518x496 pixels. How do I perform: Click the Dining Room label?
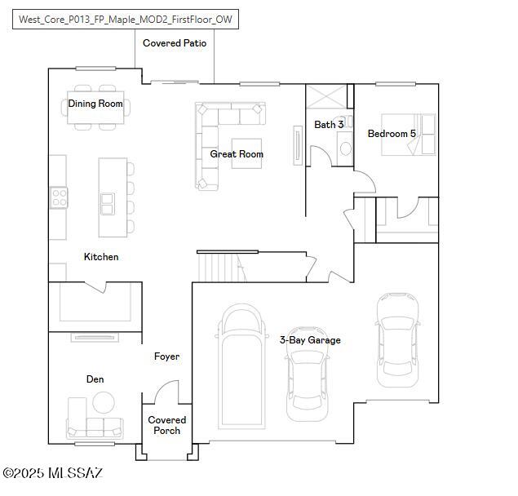coord(95,104)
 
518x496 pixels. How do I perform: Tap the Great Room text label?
coord(237,154)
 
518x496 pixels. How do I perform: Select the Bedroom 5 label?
coord(392,134)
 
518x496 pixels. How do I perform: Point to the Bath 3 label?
coord(329,125)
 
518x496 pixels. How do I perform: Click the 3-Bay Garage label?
coord(310,340)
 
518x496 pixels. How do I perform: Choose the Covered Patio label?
coord(175,43)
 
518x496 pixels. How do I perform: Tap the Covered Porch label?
coord(166,425)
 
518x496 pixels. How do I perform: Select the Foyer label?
coord(166,356)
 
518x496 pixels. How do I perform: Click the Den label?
coord(95,379)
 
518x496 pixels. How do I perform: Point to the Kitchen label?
coord(101,257)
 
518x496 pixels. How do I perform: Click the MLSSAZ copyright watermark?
coord(52,473)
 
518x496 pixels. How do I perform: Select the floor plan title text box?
coord(126,20)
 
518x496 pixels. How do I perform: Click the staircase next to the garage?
coord(218,267)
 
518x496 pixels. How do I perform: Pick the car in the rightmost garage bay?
coord(398,339)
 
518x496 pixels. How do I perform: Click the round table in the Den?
coord(103,402)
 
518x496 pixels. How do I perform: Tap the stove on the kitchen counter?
coord(59,197)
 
